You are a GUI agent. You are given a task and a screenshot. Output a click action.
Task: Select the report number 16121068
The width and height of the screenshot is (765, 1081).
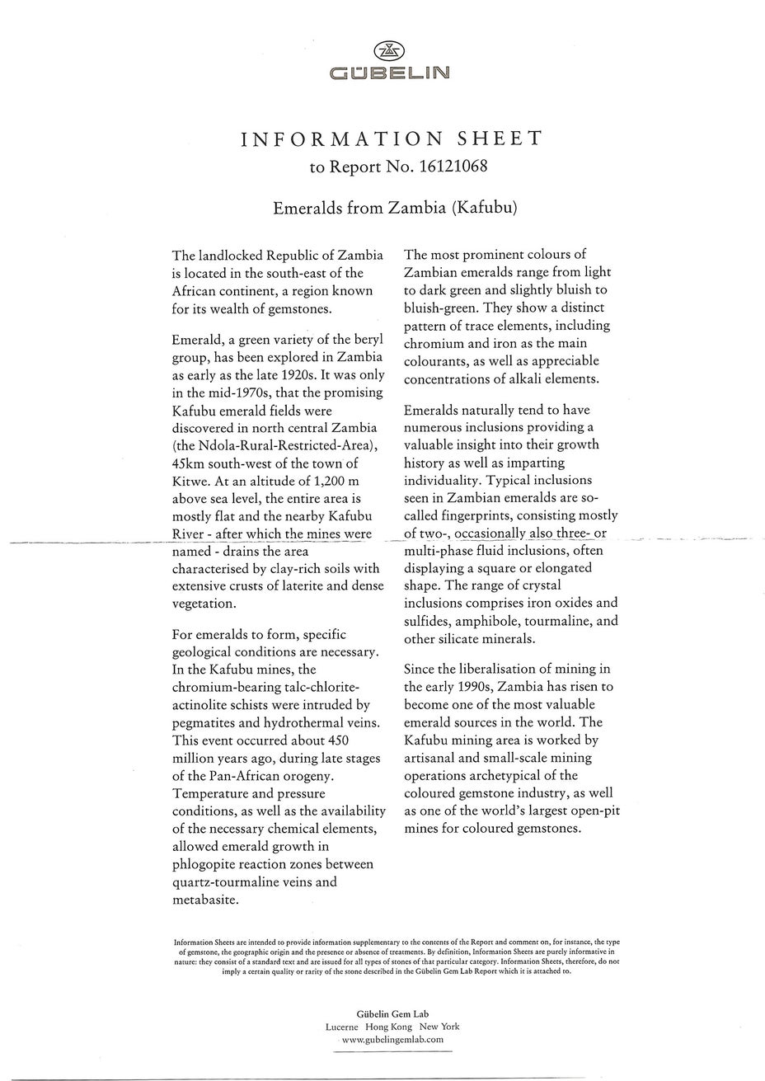453,167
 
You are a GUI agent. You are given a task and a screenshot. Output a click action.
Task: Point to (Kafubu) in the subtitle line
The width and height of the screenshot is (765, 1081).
484,207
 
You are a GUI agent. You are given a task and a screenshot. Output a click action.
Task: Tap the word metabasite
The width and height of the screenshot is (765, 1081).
205,900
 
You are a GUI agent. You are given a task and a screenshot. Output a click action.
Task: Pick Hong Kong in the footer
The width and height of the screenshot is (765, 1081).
389,1027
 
